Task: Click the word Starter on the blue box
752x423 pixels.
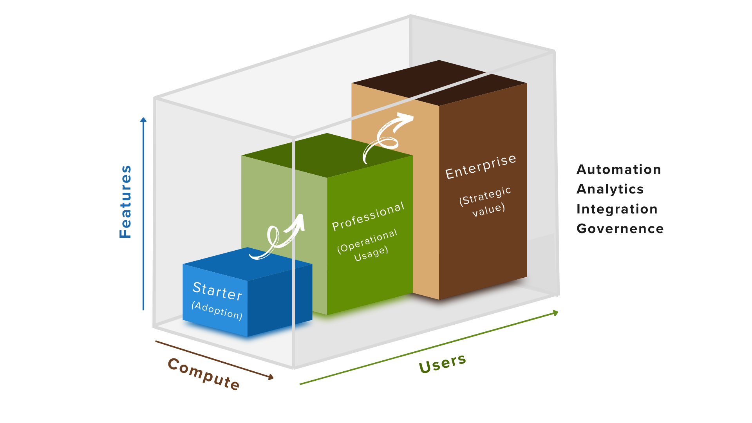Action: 217,291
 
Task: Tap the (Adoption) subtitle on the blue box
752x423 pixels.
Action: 217,310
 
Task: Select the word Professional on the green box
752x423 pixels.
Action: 368,216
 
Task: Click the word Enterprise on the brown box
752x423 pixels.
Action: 481,167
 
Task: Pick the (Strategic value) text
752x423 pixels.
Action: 486,202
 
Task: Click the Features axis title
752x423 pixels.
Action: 126,202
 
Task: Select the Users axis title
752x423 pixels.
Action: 442,363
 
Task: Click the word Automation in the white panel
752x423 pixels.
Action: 619,170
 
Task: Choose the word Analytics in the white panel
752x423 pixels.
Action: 610,189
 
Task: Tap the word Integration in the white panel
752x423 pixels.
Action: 617,209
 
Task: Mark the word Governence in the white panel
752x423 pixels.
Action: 620,229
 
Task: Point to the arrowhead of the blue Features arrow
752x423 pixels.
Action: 143,120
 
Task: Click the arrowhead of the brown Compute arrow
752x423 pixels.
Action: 270,377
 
